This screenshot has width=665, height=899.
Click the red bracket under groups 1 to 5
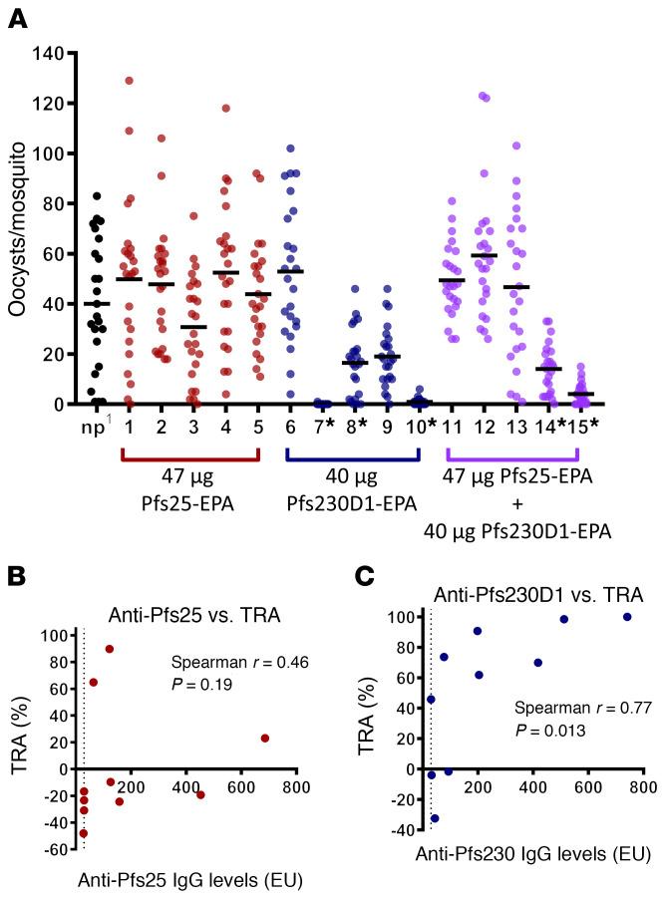190,456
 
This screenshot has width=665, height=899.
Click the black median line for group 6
291,271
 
